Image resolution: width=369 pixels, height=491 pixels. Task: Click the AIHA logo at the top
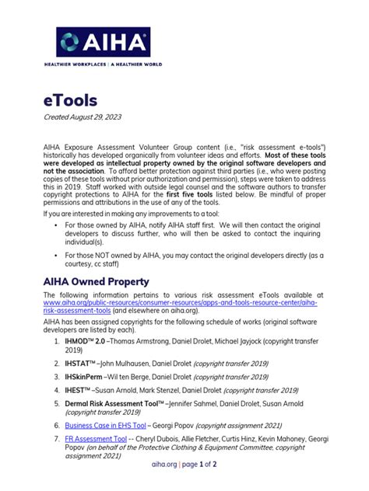102,42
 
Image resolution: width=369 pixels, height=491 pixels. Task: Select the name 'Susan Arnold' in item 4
128,389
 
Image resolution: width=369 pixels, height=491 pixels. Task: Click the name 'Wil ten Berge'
149,377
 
